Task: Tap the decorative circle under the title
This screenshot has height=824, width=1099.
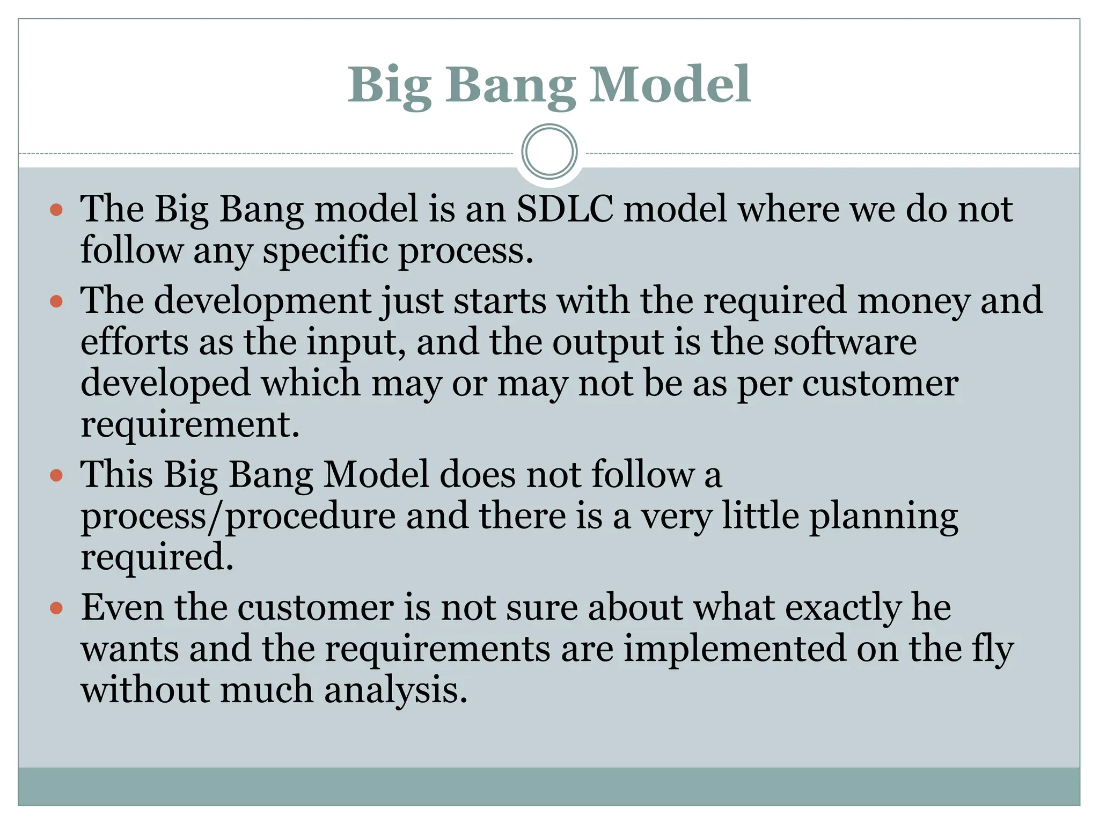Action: tap(549, 152)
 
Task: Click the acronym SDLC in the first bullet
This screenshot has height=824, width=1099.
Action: tap(565, 209)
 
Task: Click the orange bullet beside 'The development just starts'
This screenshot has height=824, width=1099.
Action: tap(56, 301)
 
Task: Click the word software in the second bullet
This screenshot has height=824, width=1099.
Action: tap(845, 342)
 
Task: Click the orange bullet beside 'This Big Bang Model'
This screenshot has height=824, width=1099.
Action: tap(56, 475)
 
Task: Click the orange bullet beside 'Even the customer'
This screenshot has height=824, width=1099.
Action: tap(56, 609)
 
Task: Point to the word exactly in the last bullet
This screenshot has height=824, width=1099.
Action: tap(843, 609)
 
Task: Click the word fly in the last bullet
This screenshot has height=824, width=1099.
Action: tap(993, 650)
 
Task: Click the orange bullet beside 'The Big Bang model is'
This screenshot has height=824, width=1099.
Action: tap(56, 210)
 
